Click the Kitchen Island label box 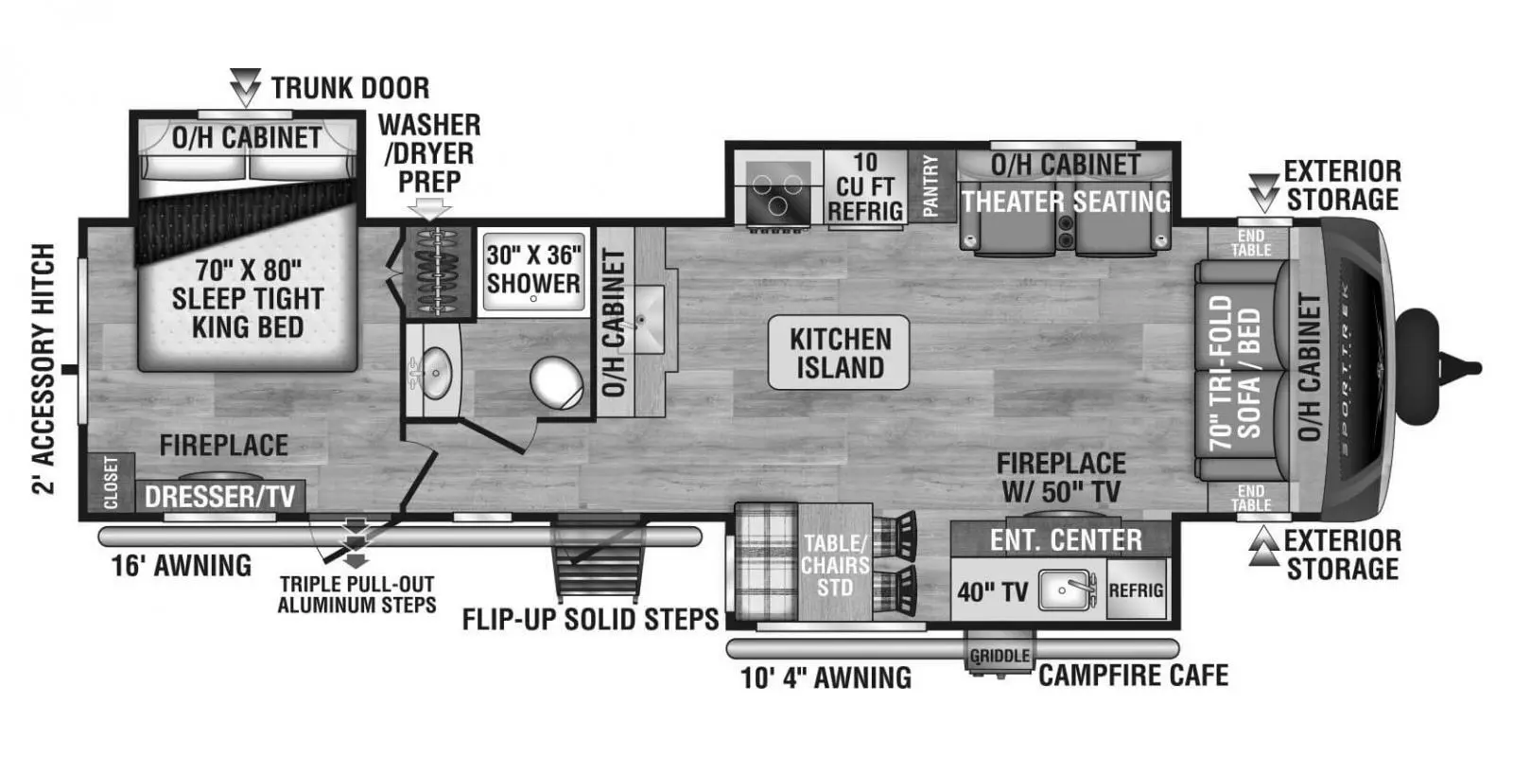click(x=839, y=353)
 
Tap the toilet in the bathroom click(x=556, y=383)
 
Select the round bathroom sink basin click(x=436, y=373)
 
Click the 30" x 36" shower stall click(x=533, y=270)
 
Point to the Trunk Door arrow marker click(x=245, y=87)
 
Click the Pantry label click(x=930, y=186)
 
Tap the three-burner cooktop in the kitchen click(x=776, y=190)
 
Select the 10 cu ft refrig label click(x=864, y=187)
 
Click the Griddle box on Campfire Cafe click(x=1000, y=656)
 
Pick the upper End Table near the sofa click(x=1250, y=243)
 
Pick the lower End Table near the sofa click(x=1250, y=498)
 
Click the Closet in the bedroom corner click(x=111, y=483)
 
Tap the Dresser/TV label click(x=219, y=496)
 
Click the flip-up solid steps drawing click(x=599, y=563)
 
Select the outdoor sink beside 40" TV click(x=1067, y=590)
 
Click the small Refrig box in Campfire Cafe click(x=1136, y=590)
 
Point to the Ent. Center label click(x=1065, y=540)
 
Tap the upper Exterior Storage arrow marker click(x=1263, y=192)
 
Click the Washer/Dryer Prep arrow click(x=430, y=208)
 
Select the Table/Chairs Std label click(x=835, y=566)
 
